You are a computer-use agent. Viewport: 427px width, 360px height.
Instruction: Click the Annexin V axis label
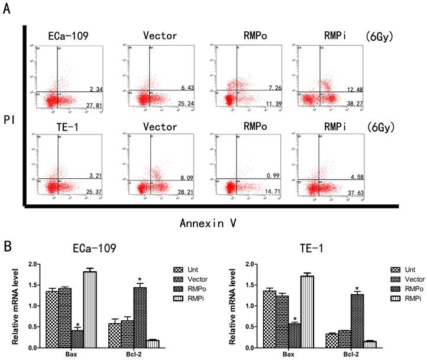pos(205,223)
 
